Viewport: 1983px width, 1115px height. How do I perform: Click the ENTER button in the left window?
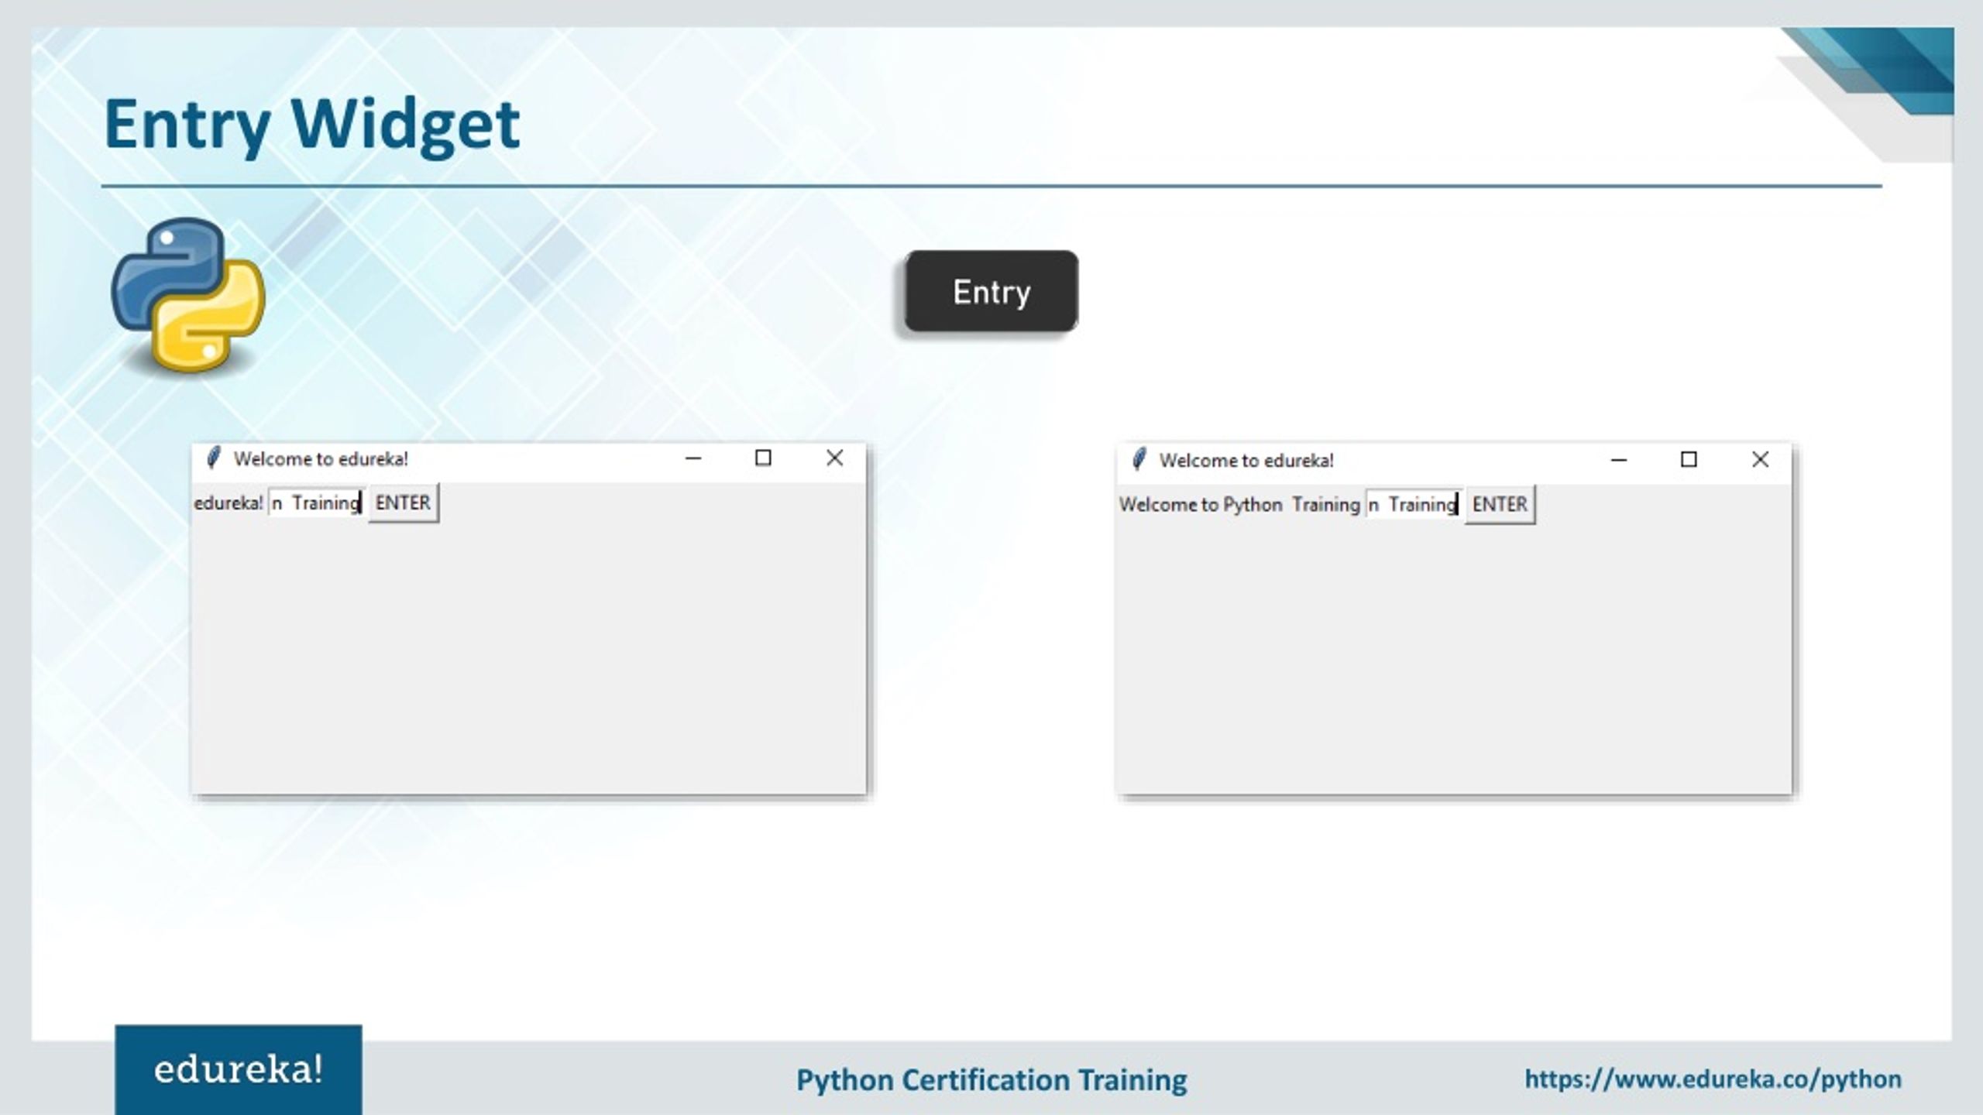point(403,503)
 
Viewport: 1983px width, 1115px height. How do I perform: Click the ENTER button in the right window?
point(1500,505)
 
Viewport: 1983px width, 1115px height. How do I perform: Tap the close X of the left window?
point(834,458)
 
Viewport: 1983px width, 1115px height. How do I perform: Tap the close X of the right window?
point(1760,460)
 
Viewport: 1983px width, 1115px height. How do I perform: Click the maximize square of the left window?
point(763,458)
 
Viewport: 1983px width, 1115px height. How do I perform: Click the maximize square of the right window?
point(1689,460)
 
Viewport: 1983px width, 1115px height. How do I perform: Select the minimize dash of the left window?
point(693,458)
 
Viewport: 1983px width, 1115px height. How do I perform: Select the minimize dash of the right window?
point(1618,460)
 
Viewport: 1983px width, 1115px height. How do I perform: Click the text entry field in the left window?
point(316,503)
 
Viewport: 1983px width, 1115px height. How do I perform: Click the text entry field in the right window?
point(1413,505)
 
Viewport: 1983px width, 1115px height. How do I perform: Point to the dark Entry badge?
point(991,292)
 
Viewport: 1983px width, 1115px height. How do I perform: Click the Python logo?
point(188,294)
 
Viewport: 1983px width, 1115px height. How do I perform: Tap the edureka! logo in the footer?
point(238,1070)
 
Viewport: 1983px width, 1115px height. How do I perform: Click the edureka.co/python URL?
point(1713,1079)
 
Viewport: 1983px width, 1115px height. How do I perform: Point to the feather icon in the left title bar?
point(213,458)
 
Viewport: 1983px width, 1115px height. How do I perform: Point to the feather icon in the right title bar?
point(1139,460)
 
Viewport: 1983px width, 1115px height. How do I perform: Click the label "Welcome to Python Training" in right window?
point(1239,505)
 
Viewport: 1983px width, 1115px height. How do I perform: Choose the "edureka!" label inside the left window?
point(229,503)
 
